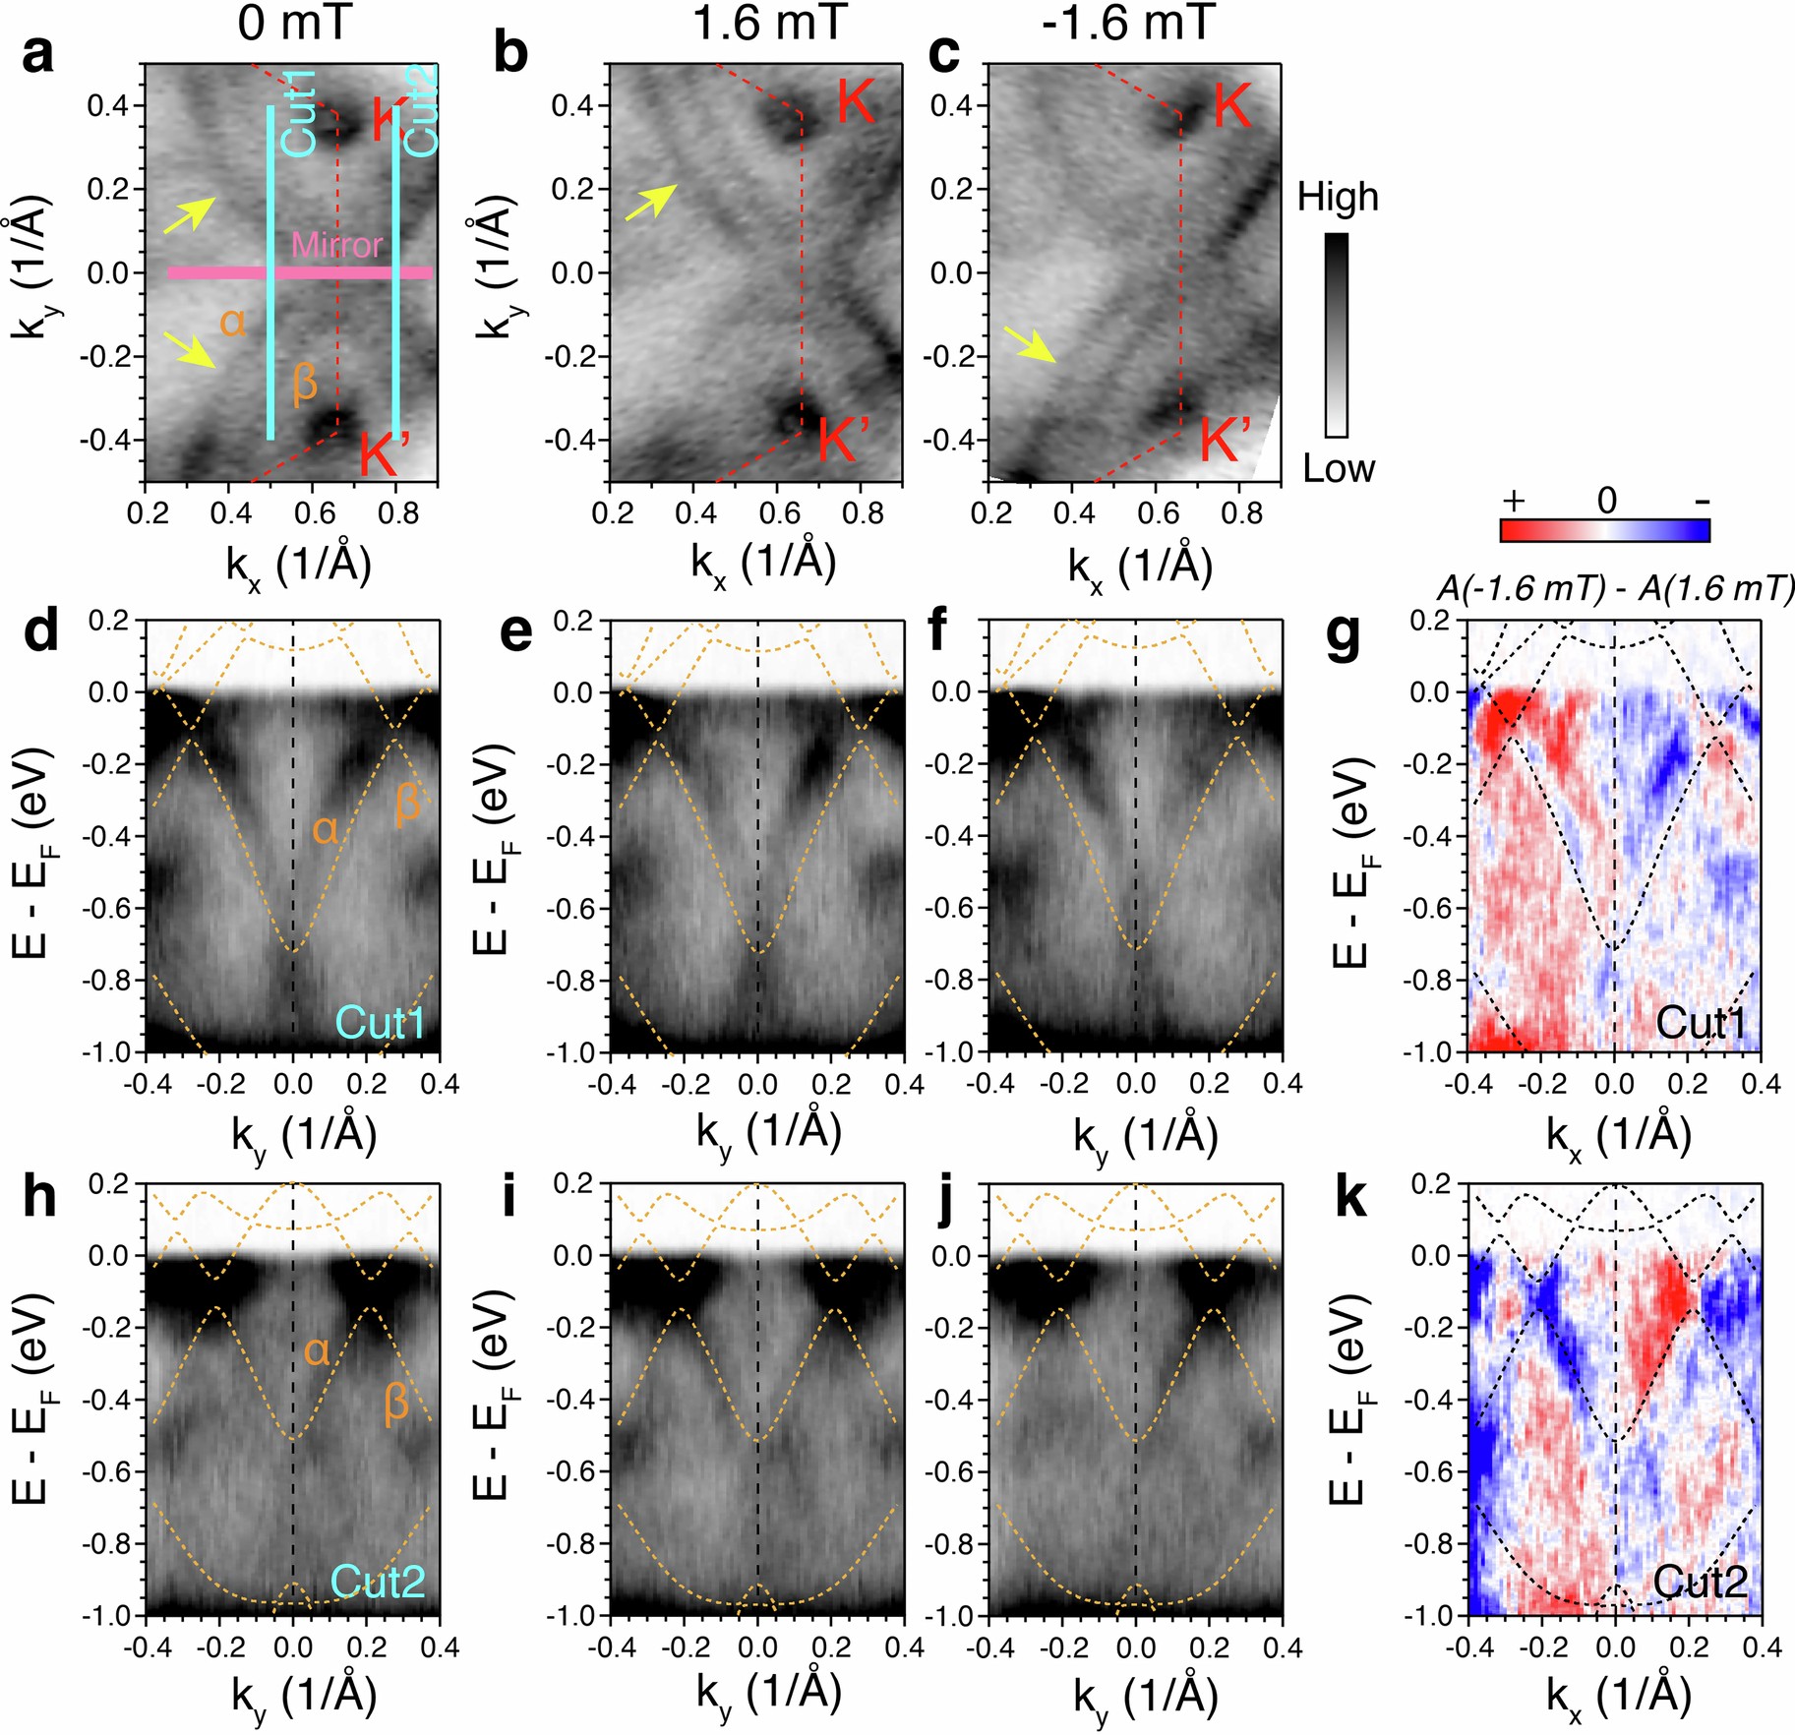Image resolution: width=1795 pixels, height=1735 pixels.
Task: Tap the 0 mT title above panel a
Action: [x=293, y=22]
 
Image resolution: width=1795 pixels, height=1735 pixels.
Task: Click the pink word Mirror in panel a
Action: [x=336, y=245]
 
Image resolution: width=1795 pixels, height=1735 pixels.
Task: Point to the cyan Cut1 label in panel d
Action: [x=381, y=1024]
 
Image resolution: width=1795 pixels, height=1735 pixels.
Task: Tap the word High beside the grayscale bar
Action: [x=1337, y=198]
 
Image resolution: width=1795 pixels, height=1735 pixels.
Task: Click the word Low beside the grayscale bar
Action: [x=1338, y=469]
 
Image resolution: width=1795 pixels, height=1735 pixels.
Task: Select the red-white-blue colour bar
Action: [x=1604, y=531]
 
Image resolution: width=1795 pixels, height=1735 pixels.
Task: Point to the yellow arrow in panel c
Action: [x=1030, y=345]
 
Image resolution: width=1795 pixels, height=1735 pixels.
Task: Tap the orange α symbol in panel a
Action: [x=232, y=322]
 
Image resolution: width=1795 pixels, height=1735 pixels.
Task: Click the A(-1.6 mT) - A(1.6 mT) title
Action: [x=1614, y=588]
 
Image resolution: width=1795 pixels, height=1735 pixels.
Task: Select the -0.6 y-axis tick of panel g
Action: [x=1433, y=908]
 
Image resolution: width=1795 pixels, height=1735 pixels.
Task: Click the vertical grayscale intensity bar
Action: [x=1336, y=334]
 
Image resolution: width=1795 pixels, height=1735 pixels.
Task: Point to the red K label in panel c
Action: [x=1231, y=105]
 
